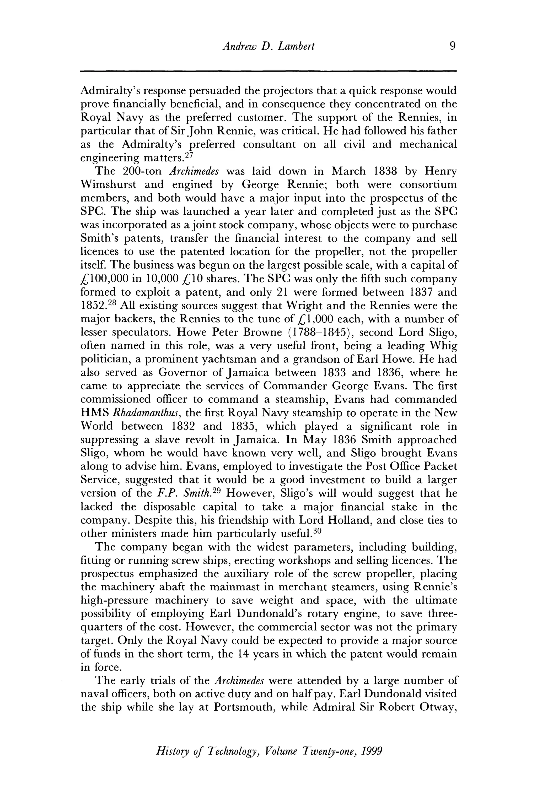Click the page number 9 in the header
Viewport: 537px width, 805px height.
(452, 46)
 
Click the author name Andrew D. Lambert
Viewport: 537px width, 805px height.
(268, 46)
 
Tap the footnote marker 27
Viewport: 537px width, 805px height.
(189, 155)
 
